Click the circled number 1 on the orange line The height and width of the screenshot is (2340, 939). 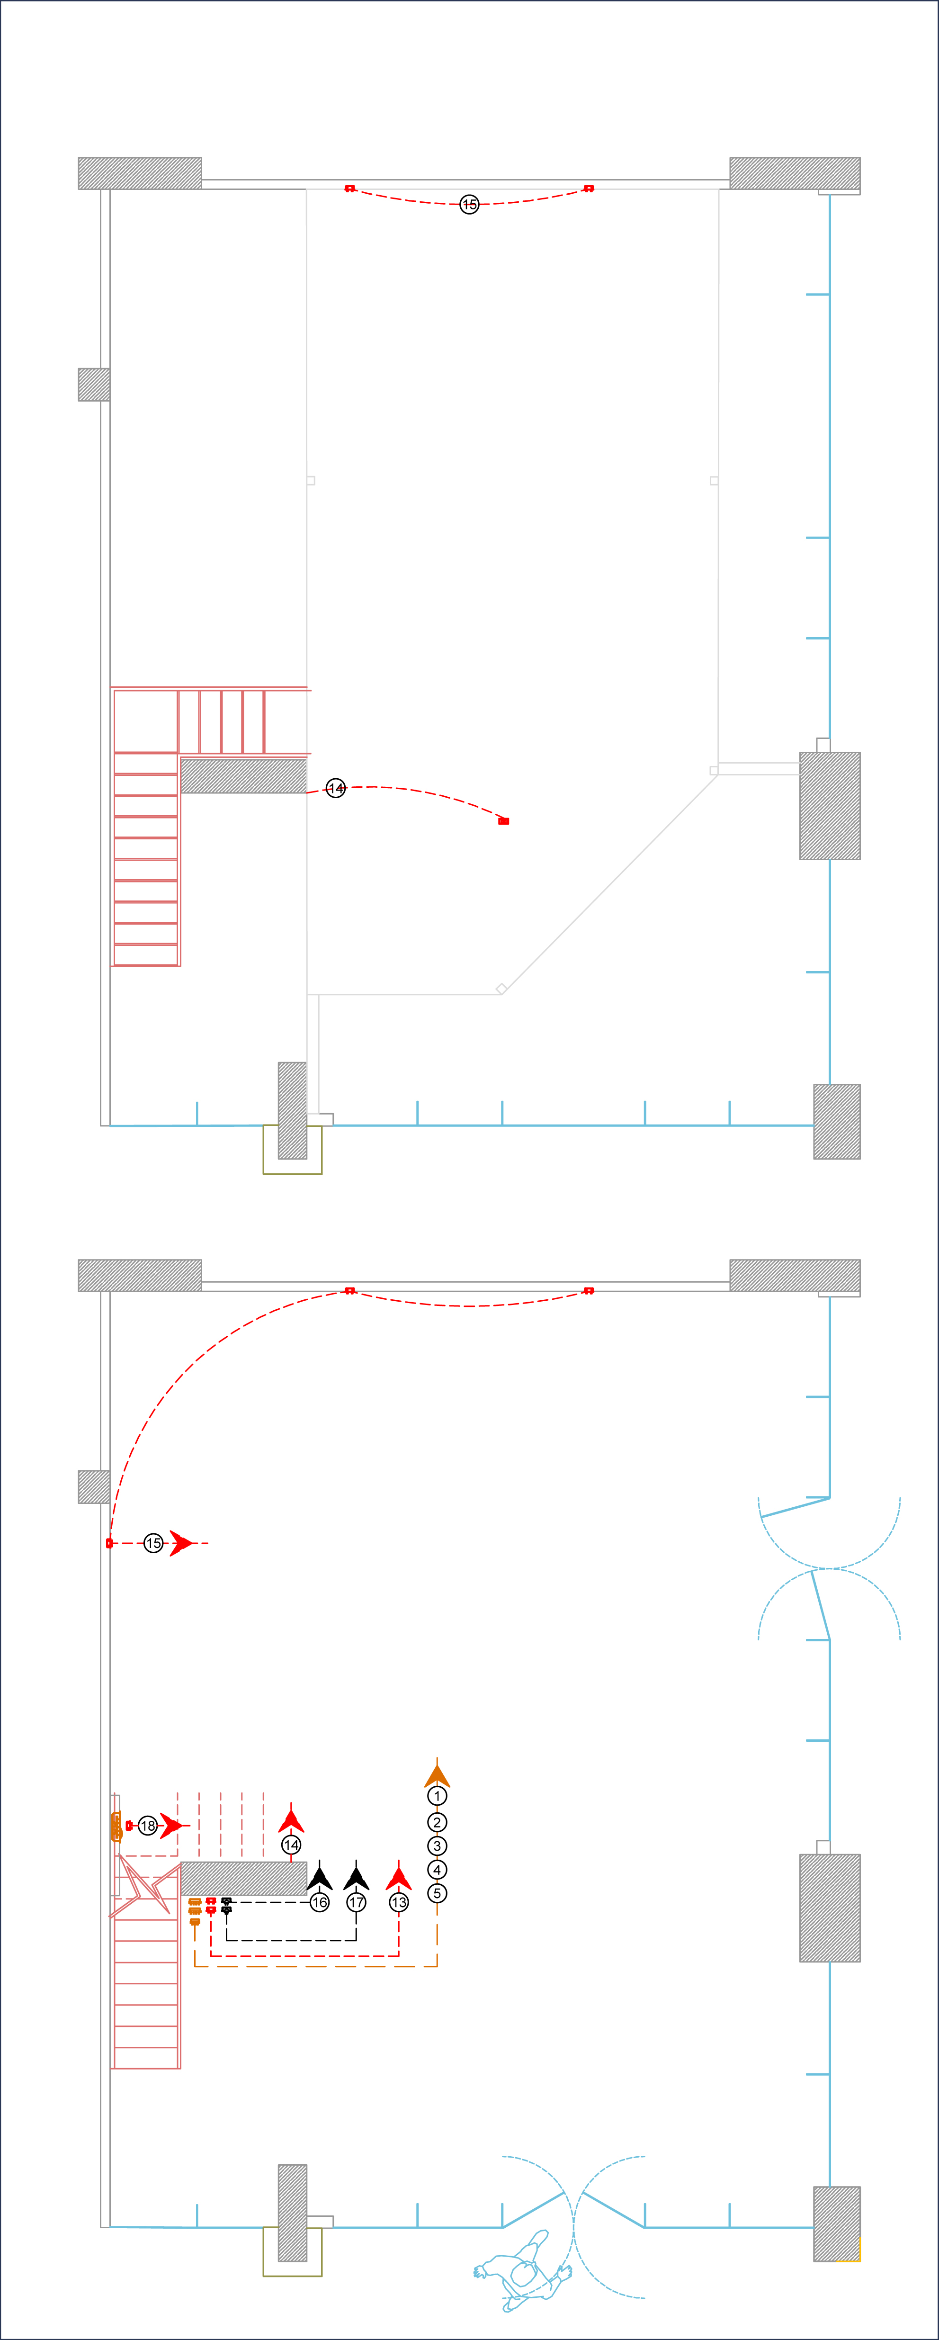point(437,1796)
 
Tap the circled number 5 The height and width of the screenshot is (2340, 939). point(437,1893)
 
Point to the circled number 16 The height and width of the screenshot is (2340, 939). point(320,1902)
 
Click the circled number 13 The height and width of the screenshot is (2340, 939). point(399,1902)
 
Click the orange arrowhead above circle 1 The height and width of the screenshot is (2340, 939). point(437,1774)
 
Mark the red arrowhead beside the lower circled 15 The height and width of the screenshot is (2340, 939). point(181,1543)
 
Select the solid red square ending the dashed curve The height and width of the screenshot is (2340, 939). point(504,821)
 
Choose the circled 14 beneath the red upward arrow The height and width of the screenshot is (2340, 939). point(291,1845)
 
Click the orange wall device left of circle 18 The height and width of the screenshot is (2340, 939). point(116,1826)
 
